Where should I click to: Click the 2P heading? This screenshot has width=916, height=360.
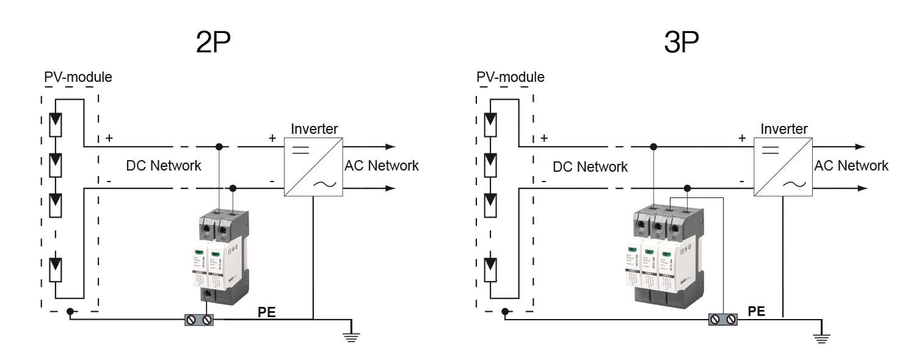pos(213,42)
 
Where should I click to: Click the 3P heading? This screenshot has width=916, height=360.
pos(681,42)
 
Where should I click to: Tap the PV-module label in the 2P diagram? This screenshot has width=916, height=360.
pos(78,78)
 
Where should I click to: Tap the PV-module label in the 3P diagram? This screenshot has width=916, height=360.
pos(510,78)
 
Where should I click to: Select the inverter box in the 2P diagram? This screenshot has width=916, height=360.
pos(313,167)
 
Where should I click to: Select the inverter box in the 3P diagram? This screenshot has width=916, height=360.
pos(783,167)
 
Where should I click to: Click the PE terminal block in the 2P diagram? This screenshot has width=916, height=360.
pos(199,319)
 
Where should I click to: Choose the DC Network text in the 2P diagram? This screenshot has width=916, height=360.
pos(164,166)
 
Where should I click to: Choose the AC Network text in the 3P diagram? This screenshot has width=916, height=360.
pos(851,166)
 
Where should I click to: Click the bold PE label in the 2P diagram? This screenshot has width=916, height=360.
pos(266,312)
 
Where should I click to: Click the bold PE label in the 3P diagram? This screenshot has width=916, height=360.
pos(757,311)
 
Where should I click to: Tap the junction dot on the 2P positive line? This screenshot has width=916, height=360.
pos(219,147)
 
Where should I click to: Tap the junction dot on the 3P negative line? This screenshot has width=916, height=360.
pos(688,188)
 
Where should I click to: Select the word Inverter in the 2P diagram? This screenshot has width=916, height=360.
pos(314,129)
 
